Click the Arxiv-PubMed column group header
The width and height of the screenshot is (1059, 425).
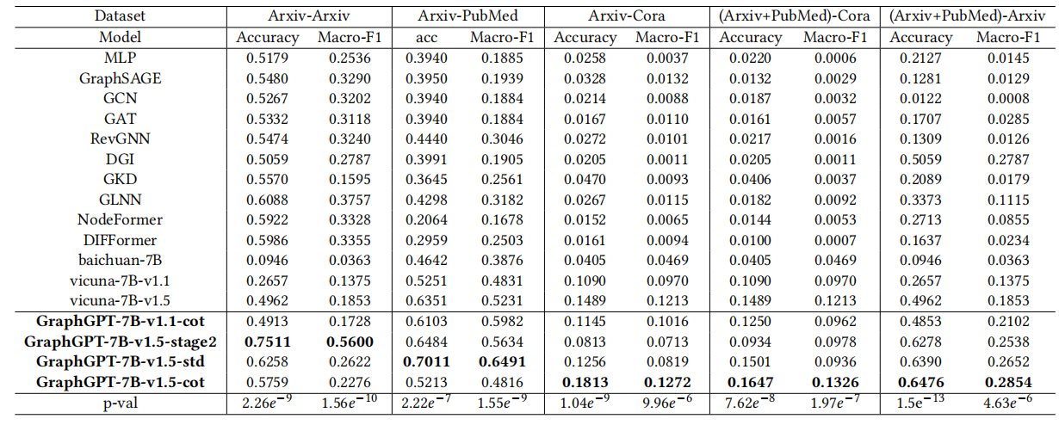click(468, 16)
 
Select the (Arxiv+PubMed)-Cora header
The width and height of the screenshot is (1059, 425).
click(796, 16)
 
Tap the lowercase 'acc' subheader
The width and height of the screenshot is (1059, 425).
click(428, 38)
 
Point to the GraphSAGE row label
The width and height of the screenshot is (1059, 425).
click(121, 77)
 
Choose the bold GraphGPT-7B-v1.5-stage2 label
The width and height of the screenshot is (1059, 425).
click(121, 342)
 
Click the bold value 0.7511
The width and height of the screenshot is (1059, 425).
click(267, 342)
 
